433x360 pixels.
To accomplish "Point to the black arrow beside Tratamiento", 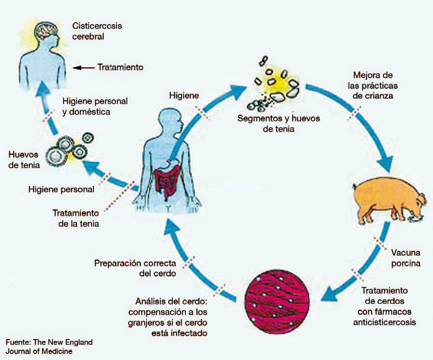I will pos(84,67).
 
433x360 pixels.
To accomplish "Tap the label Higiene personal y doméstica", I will pos(95,106).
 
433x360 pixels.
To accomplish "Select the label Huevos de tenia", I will pos(24,159).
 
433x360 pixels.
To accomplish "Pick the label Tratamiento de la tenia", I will pos(76,218).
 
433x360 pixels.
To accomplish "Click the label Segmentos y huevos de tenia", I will pos(278,123).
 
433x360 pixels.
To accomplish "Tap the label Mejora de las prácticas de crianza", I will pos(375,86).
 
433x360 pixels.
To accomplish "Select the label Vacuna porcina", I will pos(405,258).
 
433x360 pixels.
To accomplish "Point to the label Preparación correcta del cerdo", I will pos(135,268).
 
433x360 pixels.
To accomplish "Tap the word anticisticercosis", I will pos(388,322).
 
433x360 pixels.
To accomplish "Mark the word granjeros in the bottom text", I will pos(148,322).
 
